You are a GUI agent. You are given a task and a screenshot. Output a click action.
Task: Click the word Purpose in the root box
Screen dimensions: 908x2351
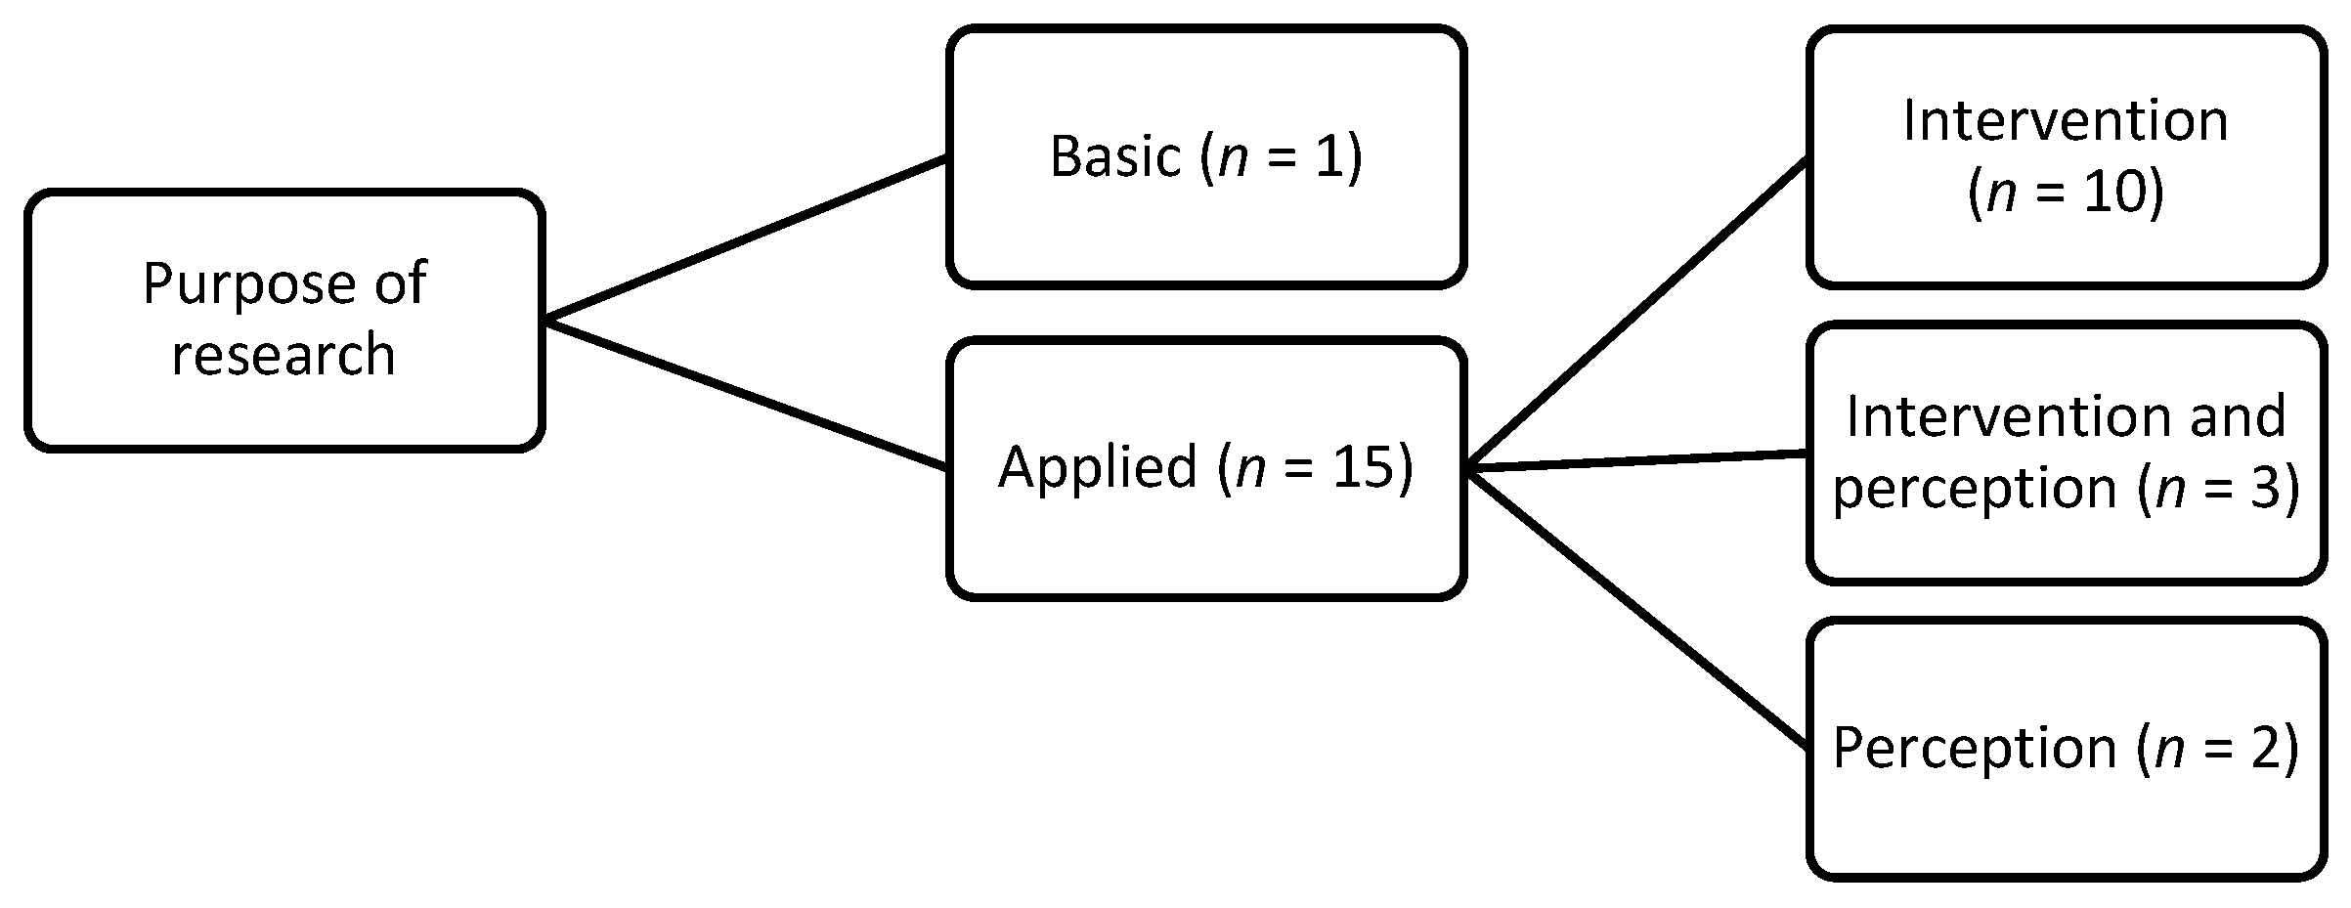click(247, 284)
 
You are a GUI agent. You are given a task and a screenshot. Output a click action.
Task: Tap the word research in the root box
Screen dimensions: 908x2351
click(283, 354)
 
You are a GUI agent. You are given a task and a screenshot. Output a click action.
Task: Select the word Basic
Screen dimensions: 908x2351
click(1115, 156)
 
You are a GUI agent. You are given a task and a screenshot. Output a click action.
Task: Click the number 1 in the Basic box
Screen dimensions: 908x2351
click(1328, 156)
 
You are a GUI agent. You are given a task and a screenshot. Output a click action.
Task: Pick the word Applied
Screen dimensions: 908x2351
click(1097, 467)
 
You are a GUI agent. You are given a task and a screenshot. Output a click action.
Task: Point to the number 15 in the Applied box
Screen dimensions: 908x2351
click(1364, 467)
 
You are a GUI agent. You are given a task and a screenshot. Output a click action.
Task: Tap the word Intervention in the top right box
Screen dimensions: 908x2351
click(2066, 122)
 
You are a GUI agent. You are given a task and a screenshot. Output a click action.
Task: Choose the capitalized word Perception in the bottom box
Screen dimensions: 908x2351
click(1974, 749)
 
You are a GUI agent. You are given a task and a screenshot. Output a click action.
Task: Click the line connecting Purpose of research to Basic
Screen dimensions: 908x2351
click(743, 238)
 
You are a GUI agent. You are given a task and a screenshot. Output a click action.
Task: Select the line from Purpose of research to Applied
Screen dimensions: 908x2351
click(743, 394)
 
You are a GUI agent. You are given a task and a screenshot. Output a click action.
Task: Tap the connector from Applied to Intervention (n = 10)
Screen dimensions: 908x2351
click(1637, 315)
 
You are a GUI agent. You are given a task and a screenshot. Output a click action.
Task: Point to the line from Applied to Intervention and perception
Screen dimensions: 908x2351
click(1637, 462)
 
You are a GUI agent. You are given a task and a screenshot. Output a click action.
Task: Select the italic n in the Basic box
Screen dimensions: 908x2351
click(1234, 158)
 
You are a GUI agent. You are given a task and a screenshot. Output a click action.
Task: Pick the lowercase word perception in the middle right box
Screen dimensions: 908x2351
click(1974, 489)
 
